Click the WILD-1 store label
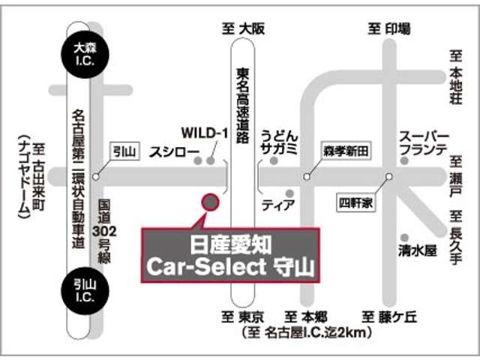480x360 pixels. point(210,133)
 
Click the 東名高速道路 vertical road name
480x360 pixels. point(243,105)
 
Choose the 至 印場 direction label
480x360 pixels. point(388,28)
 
